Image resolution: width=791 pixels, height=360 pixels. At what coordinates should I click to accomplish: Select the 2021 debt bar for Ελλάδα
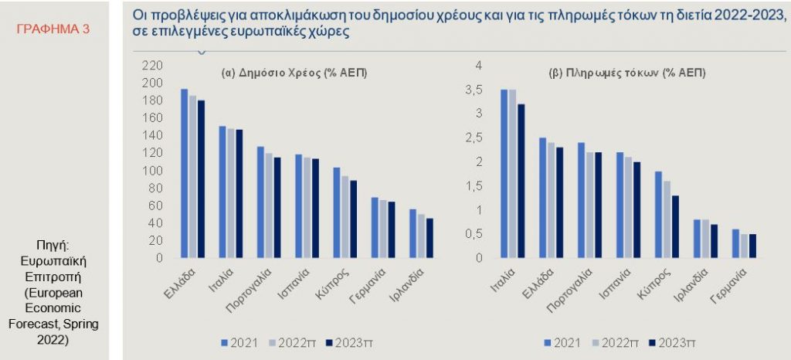click(184, 173)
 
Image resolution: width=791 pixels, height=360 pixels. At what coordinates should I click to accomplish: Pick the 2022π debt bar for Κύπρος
click(345, 216)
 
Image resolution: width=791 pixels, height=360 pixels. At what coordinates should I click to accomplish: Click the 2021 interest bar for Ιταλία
click(504, 173)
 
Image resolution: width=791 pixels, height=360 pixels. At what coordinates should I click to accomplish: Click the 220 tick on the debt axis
click(154, 66)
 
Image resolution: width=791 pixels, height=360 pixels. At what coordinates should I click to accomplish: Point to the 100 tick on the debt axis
click(154, 170)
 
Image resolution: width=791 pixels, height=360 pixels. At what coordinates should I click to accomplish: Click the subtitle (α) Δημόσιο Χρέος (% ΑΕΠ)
click(294, 73)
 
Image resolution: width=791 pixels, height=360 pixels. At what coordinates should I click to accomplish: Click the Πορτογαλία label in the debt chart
click(246, 290)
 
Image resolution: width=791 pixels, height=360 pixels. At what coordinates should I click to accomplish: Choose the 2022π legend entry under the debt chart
click(291, 341)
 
